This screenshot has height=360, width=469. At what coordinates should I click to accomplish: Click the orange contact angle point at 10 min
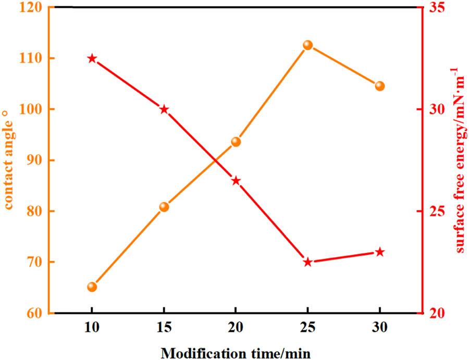pos(92,287)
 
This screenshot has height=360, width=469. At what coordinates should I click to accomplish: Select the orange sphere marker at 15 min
pos(164,207)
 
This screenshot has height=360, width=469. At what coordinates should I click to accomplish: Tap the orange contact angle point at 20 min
pos(236,142)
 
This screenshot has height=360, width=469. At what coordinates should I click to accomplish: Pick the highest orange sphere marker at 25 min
pos(307,45)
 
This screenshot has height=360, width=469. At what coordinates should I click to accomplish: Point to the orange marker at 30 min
pos(379,86)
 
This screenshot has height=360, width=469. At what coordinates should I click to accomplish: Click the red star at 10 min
pos(92,58)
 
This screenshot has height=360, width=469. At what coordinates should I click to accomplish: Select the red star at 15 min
pos(164,109)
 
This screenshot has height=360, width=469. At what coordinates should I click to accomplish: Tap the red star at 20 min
pos(236,181)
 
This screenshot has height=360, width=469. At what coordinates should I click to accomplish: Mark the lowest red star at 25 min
pos(307,262)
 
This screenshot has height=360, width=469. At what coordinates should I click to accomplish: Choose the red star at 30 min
pos(379,252)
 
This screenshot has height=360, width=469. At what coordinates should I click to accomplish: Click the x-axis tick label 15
pos(164,331)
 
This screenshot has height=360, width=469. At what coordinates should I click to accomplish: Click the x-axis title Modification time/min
pos(236,353)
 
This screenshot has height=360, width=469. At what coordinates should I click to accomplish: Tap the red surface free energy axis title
pos(461,160)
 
